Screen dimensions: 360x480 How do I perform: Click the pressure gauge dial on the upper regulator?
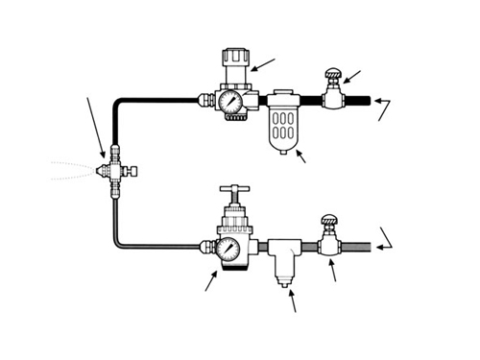[230, 100]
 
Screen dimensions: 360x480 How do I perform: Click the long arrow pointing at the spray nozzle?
[97, 125]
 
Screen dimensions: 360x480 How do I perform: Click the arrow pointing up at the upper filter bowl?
[300, 156]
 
